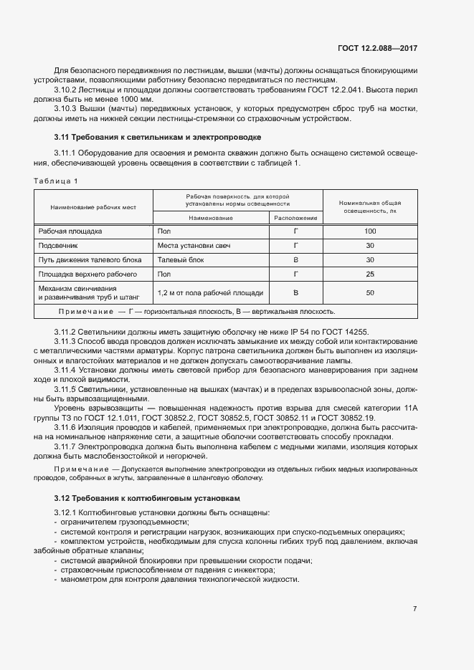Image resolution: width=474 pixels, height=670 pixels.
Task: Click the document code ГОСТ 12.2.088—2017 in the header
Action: (377, 48)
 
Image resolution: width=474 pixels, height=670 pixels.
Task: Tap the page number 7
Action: (414, 609)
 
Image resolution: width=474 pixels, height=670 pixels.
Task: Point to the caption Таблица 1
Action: (56, 181)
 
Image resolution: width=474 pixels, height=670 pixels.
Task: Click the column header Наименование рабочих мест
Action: (93, 207)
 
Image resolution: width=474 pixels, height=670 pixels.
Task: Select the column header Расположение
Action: (295, 217)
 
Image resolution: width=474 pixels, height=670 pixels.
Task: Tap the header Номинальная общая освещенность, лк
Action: (370, 207)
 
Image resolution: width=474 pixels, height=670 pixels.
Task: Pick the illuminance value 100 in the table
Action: (370, 231)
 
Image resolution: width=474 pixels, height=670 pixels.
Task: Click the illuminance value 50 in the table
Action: (370, 293)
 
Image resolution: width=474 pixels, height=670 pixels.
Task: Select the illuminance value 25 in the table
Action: (370, 274)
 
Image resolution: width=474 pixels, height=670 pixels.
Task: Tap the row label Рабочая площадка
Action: (70, 231)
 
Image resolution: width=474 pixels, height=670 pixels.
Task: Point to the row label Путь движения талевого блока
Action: (90, 259)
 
